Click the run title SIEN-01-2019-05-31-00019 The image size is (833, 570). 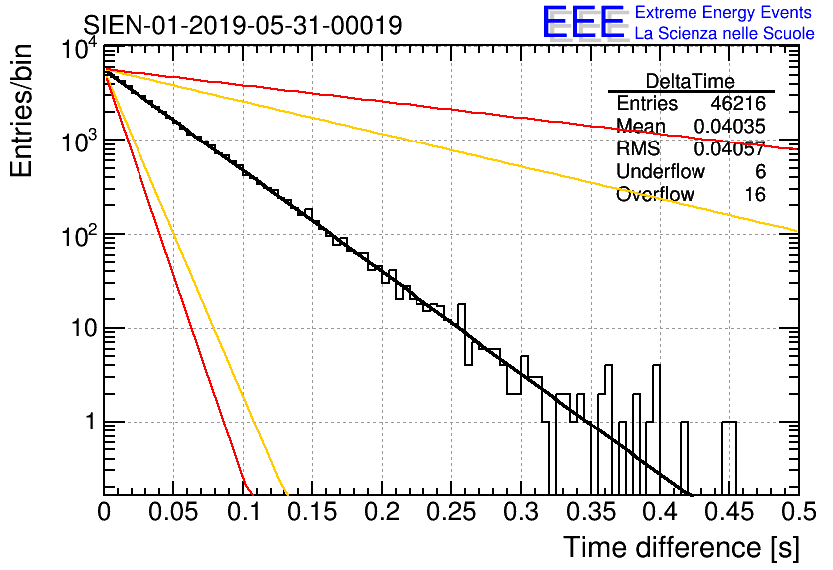point(243,25)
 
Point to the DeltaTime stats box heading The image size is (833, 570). point(691,81)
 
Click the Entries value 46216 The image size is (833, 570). point(738,104)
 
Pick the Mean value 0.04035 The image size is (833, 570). point(729,126)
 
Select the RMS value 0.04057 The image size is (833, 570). point(729,149)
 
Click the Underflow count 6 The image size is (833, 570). point(760,172)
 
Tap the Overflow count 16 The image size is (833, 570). point(755,195)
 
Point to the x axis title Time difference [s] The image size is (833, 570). point(680,547)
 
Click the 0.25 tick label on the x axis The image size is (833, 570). point(449,512)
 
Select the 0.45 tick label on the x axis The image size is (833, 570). point(727,512)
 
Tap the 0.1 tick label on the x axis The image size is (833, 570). point(243,512)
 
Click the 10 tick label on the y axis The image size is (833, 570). point(79,329)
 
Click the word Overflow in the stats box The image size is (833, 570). point(655,195)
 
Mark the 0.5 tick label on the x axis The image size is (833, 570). point(797,512)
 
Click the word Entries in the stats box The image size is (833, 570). point(647,104)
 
